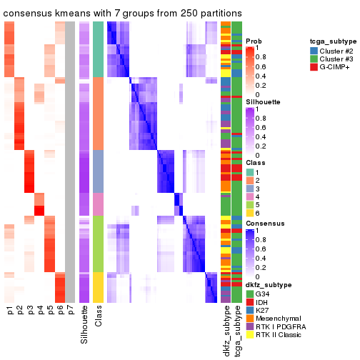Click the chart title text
122,14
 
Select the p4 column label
40,311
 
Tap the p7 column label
70,311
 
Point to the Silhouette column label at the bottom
85,325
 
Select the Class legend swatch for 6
250,212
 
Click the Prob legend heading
254,41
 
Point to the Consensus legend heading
262,224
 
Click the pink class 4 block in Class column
99,204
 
